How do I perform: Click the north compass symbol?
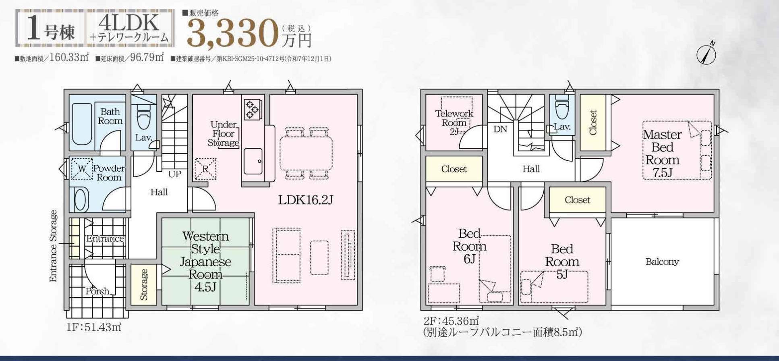[x=706, y=54]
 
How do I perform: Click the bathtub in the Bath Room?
[x=82, y=124]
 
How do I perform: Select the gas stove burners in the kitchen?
[x=253, y=110]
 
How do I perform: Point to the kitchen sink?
[x=253, y=161]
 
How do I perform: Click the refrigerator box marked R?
[x=205, y=169]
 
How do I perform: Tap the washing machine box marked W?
[x=82, y=168]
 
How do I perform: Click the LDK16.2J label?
[x=305, y=200]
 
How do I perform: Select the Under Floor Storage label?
[x=224, y=133]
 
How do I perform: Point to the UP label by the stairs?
[x=174, y=174]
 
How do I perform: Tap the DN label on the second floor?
[x=500, y=129]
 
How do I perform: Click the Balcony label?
[x=662, y=261]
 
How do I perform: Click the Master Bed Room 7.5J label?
[x=662, y=154]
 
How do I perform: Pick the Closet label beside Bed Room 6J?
[x=454, y=169]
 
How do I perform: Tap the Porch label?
[x=97, y=291]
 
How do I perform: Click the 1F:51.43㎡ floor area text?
[x=94, y=327]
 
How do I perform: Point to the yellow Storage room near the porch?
[x=144, y=284]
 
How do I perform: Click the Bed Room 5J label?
[x=562, y=261]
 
